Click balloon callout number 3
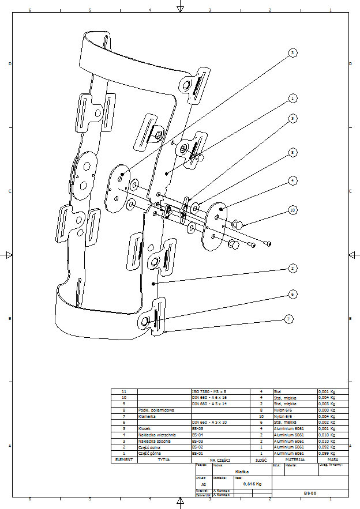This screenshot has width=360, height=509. pyautogui.click(x=293, y=53)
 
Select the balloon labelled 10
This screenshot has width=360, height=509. pyautogui.click(x=293, y=211)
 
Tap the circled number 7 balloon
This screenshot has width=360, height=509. pyautogui.click(x=289, y=318)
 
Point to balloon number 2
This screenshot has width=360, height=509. pyautogui.click(x=293, y=269)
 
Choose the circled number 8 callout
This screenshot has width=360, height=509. pyautogui.click(x=293, y=153)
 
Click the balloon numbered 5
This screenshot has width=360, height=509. pyautogui.click(x=293, y=118)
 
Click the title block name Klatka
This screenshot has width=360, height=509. pyautogui.click(x=242, y=472)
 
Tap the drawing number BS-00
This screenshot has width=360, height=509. pyautogui.click(x=310, y=493)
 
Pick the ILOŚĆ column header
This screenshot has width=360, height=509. pyautogui.click(x=261, y=460)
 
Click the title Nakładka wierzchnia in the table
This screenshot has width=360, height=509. pyautogui.click(x=155, y=435)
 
